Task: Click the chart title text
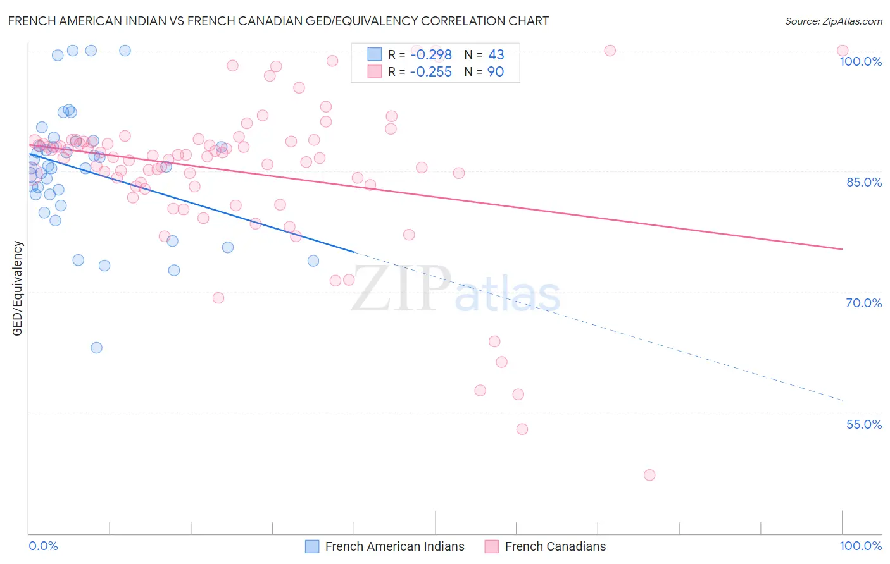point(279,21)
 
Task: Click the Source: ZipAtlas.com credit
point(833,21)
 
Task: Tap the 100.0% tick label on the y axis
point(860,61)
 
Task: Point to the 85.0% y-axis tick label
point(863,182)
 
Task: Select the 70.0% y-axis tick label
point(863,303)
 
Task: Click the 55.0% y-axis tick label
point(863,424)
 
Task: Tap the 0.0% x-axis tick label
point(43,546)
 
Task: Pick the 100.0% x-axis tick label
point(860,546)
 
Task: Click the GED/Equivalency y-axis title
point(18,288)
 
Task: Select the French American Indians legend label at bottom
point(394,546)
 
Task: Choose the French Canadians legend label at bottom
point(555,546)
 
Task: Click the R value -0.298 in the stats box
point(430,55)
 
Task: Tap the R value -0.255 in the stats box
point(430,72)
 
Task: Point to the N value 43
point(496,55)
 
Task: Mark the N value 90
point(496,72)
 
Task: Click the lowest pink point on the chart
point(649,475)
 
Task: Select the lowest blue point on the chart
point(96,348)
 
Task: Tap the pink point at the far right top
point(842,51)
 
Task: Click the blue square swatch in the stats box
point(375,54)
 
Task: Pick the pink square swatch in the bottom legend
point(491,546)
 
